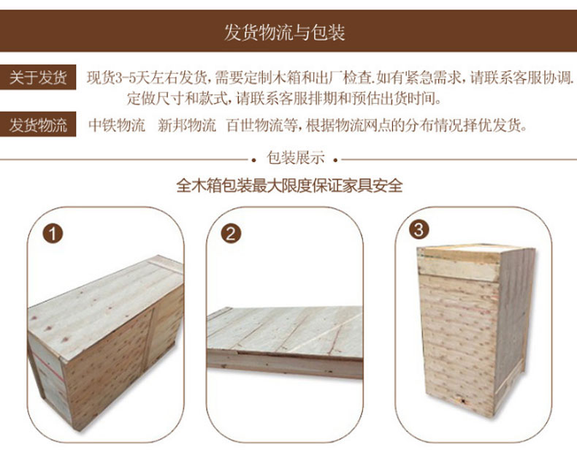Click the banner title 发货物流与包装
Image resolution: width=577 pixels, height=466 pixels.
pos(284,32)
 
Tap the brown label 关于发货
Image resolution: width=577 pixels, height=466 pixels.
pos(38,77)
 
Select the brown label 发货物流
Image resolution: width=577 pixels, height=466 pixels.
pos(38,124)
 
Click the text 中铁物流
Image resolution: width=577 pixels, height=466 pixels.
pos(117,125)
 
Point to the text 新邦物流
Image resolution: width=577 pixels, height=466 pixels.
pos(186,125)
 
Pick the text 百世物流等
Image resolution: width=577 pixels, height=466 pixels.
pos(261,125)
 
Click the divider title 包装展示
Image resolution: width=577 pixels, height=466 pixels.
pos(296,158)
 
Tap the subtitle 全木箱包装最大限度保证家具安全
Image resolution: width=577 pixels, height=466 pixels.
pos(289,185)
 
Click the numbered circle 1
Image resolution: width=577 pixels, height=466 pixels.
pos(53,234)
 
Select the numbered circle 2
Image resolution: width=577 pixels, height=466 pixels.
pos(231,234)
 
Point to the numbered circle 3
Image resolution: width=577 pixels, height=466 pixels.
pos(419,229)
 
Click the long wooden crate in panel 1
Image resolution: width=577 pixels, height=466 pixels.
pos(106,343)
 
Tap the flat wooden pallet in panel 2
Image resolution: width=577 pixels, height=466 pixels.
pos(285,342)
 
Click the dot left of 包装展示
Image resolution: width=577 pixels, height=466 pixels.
pos(253,160)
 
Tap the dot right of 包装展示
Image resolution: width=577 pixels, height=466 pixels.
pos(335,160)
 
